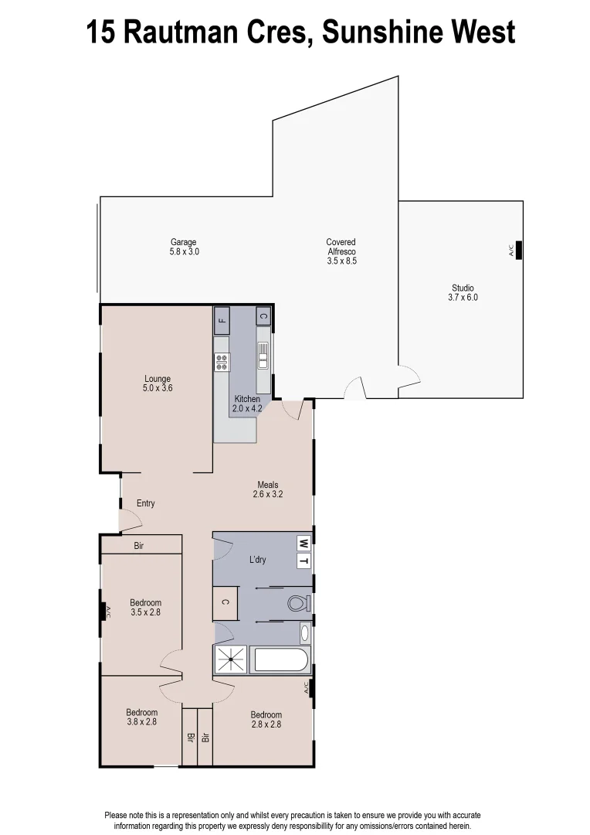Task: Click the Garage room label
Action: tap(184, 247)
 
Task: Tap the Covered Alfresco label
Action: tap(341, 251)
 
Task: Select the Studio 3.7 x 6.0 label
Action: tap(463, 292)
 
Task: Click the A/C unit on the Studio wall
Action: tap(518, 250)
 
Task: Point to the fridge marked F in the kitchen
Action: tap(222, 319)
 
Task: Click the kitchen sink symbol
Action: tap(263, 355)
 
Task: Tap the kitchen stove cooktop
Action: tap(222, 362)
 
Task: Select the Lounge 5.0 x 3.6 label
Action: tap(158, 383)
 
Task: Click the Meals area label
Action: tap(268, 489)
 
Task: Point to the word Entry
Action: tap(146, 503)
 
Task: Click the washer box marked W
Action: tap(303, 543)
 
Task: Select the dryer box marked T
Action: tap(303, 561)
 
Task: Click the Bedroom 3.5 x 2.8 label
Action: tap(145, 608)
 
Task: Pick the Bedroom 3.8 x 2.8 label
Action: tap(141, 717)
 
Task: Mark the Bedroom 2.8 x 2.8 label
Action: tap(266, 719)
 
